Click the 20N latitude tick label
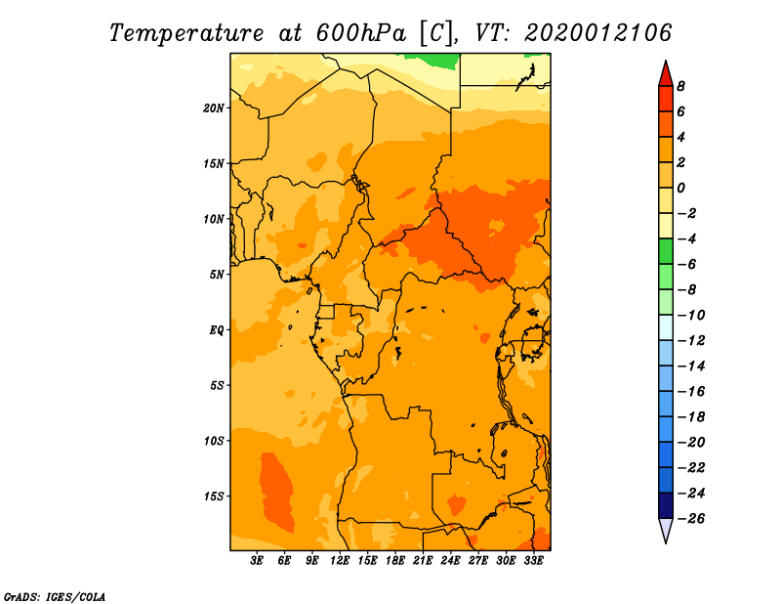(214, 108)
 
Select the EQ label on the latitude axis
(217, 330)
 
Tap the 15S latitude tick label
(214, 496)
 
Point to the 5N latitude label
(217, 275)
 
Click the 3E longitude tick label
(257, 560)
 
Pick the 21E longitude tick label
(423, 560)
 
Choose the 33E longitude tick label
(533, 560)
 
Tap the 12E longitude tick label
(339, 560)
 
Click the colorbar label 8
(680, 86)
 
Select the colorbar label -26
(691, 519)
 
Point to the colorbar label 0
(680, 188)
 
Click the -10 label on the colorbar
(691, 316)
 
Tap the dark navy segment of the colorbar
(666, 505)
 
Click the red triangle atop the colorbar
(666, 74)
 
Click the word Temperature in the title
(186, 33)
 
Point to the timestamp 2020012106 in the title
(598, 33)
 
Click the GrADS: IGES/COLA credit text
(55, 597)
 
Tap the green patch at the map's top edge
(432, 61)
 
